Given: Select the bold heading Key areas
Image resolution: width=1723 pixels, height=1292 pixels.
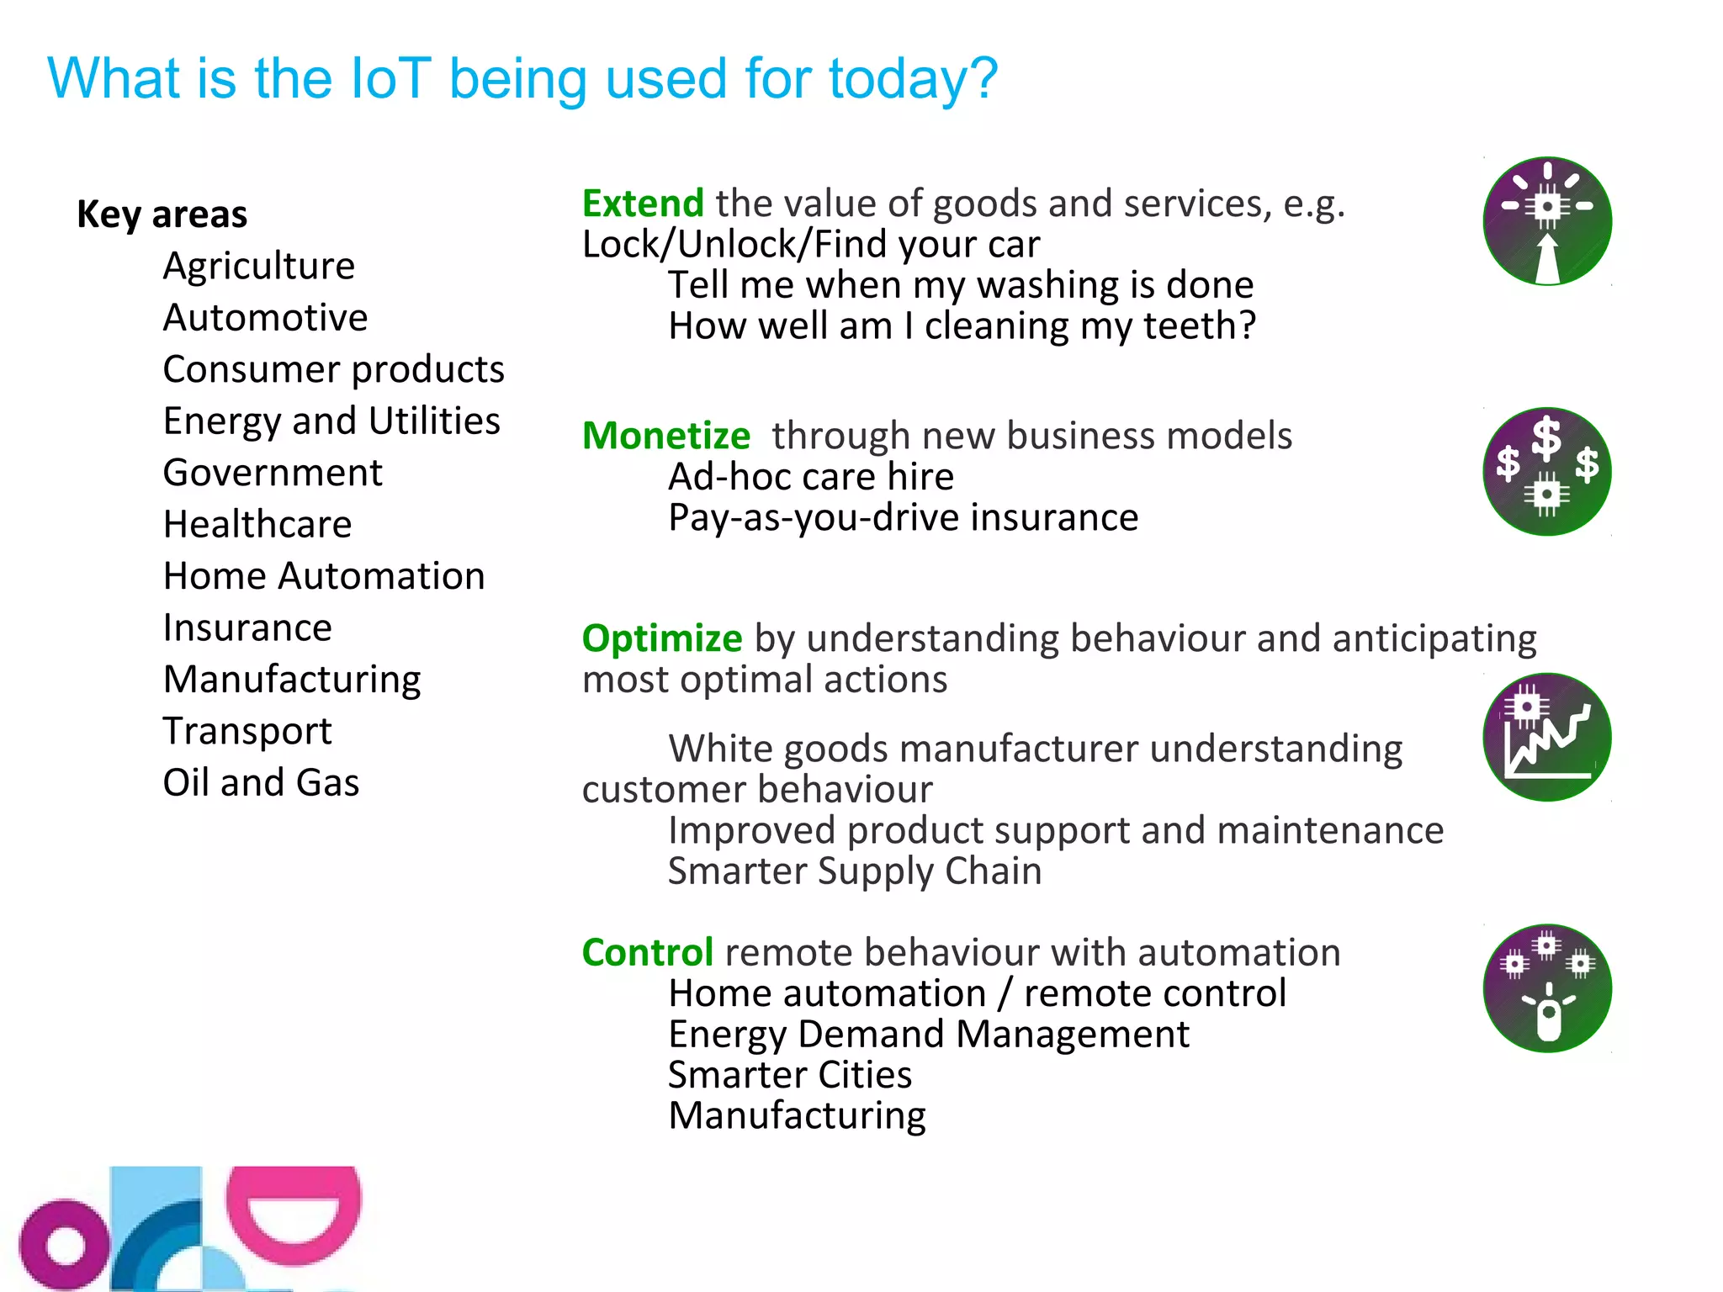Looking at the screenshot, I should [x=162, y=214].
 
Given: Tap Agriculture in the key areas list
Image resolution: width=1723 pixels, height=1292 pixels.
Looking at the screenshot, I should [x=259, y=266].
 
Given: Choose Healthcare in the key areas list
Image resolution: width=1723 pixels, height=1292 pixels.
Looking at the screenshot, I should [x=257, y=524].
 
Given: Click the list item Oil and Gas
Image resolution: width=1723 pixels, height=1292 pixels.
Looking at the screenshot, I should [x=261, y=782].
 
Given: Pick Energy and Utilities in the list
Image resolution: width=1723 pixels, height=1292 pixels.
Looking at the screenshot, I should [x=331, y=421].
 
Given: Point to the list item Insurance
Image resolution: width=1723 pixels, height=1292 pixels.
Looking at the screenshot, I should [x=247, y=627].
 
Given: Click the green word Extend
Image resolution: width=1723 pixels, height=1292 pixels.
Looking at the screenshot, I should [x=643, y=204].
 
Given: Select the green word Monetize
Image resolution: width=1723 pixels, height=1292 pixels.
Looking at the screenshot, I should [x=665, y=436].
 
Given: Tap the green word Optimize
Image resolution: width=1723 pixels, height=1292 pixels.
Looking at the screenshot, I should [x=662, y=638].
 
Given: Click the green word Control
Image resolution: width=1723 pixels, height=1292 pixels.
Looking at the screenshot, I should [x=648, y=952].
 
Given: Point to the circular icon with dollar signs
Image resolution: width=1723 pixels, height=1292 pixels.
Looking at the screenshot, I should [x=1546, y=472].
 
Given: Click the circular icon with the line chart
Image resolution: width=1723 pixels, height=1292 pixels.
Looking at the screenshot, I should [x=1546, y=737].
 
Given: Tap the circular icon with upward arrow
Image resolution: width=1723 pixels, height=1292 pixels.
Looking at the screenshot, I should [x=1546, y=221].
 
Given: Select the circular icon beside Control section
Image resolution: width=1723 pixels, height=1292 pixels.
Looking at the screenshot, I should [x=1546, y=988].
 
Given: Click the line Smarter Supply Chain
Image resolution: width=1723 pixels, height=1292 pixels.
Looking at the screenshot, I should [x=855, y=871].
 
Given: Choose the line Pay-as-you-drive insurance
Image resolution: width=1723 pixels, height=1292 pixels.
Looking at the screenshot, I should [x=903, y=517].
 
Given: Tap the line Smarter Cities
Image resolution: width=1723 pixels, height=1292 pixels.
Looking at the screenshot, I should [x=790, y=1075].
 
